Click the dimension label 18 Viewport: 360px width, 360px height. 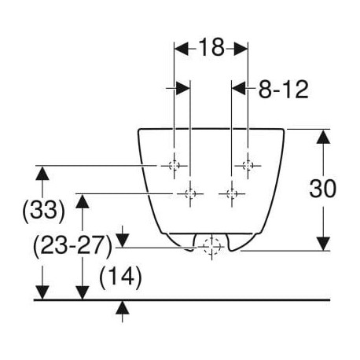click(211, 47)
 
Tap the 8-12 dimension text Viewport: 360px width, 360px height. click(283, 90)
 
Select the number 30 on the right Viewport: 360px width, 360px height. click(322, 189)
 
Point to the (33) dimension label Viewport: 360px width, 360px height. click(43, 211)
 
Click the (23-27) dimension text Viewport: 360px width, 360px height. click(72, 246)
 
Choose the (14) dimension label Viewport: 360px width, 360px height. click(120, 277)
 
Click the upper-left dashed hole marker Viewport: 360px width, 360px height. click(174, 166)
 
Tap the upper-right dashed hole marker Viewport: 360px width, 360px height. click(248, 166)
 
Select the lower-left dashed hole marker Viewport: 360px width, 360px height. click(190, 194)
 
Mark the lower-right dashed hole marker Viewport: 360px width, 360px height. click(232, 194)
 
